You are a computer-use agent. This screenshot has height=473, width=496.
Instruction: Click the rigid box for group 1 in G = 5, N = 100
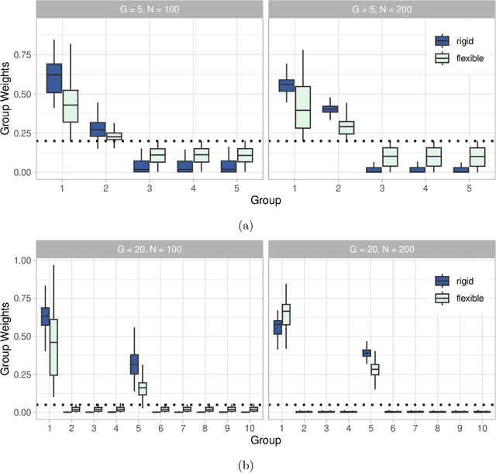(54, 78)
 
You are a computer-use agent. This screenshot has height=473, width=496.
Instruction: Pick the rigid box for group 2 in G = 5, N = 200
(329, 109)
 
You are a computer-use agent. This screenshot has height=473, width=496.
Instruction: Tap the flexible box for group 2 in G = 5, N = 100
(114, 136)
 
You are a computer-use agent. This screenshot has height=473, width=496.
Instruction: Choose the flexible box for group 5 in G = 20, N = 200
(374, 369)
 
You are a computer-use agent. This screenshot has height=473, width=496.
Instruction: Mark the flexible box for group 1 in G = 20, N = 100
(53, 347)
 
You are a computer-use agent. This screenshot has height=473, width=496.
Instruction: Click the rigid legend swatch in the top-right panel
(442, 41)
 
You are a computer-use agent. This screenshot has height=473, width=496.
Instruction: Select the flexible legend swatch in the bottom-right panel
(442, 298)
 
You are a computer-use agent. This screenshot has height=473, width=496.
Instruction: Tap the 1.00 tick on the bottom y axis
(20, 260)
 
